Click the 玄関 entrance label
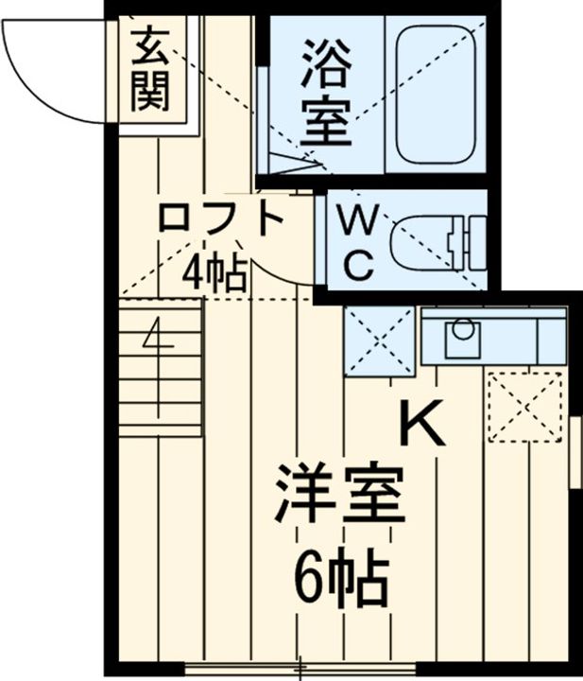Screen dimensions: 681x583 tap(150, 67)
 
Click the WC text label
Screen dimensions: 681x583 tap(356, 242)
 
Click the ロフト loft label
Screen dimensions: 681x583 tap(221, 219)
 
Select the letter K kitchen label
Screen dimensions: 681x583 tap(422, 424)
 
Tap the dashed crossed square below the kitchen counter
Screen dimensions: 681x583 tap(524, 406)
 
